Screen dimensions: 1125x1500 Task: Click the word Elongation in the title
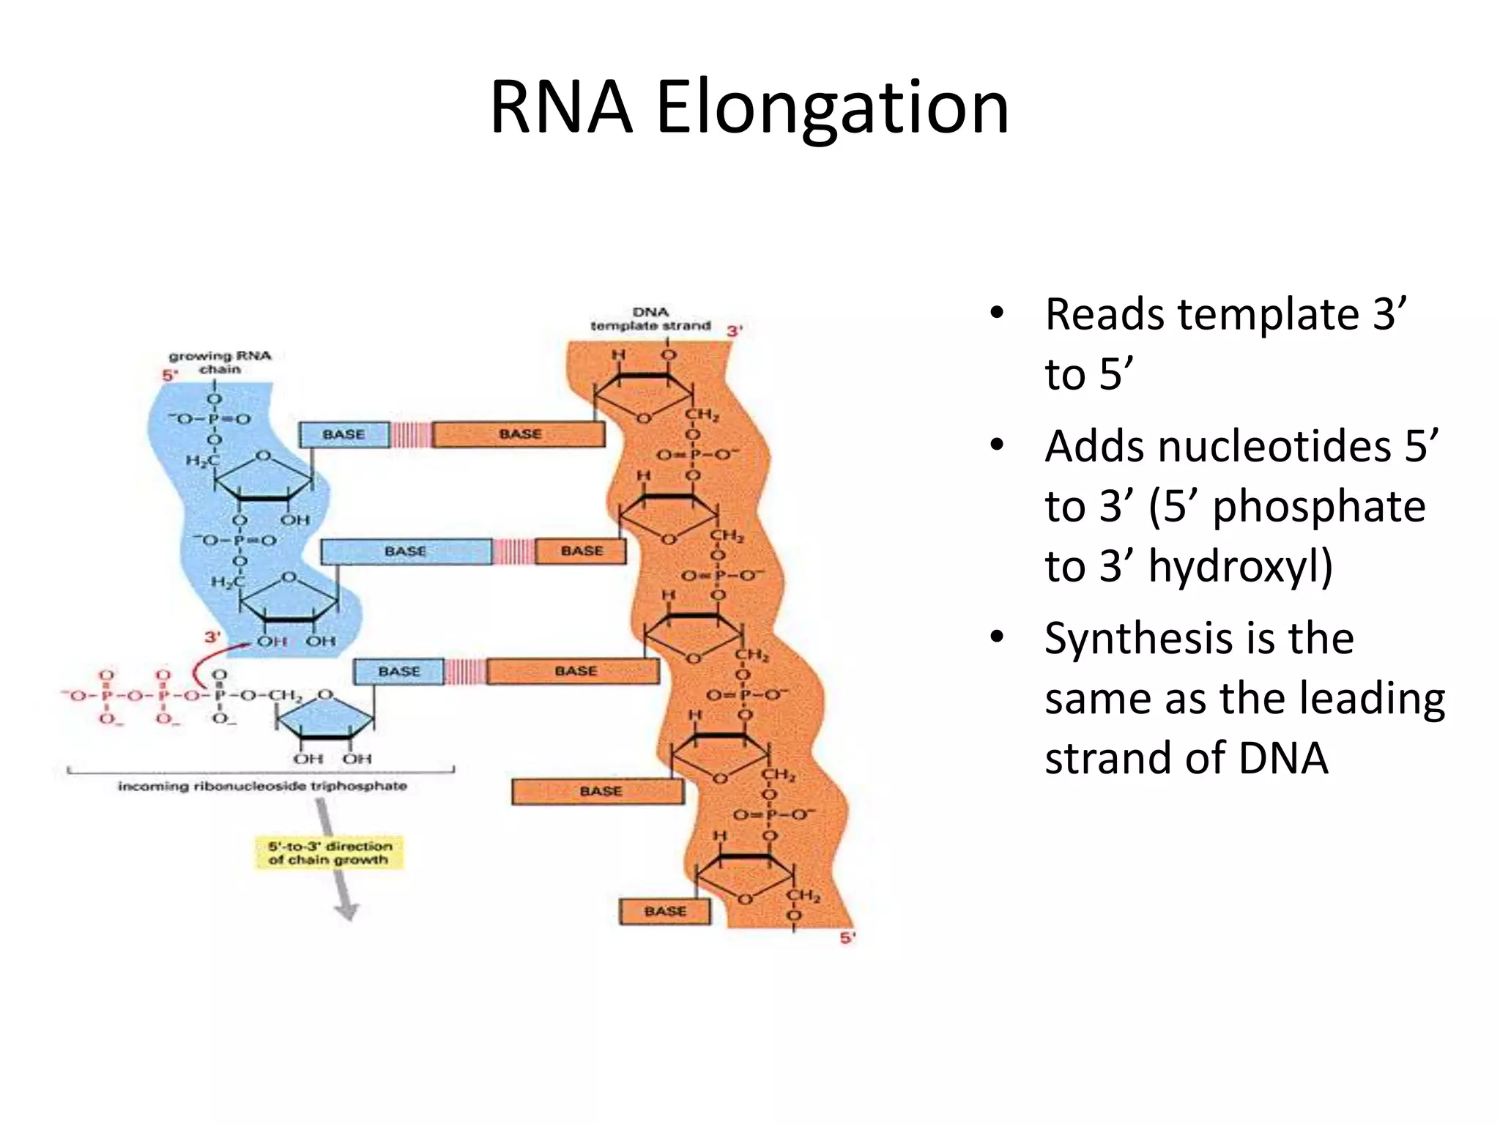(832, 108)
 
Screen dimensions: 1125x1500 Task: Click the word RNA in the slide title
(561, 108)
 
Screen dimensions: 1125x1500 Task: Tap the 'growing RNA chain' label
(220, 363)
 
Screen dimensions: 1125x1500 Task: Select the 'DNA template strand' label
(650, 319)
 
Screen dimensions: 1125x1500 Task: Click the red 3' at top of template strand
(734, 331)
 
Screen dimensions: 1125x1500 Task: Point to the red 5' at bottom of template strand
(847, 937)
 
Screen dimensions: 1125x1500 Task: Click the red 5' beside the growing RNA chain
(170, 376)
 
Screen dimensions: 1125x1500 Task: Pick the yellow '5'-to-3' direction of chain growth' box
(329, 853)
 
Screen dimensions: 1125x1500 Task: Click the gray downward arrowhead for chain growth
(346, 911)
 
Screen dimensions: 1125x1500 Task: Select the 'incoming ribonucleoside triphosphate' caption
(262, 787)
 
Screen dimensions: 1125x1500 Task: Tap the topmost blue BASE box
(344, 434)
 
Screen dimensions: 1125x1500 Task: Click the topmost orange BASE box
(519, 434)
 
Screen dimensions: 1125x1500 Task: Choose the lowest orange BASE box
(665, 911)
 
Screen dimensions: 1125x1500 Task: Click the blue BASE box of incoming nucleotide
(399, 672)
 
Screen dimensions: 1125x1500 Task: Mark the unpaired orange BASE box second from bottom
(599, 791)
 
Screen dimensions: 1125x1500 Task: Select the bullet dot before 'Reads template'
(996, 313)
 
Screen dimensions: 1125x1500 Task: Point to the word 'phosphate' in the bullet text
(1318, 506)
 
